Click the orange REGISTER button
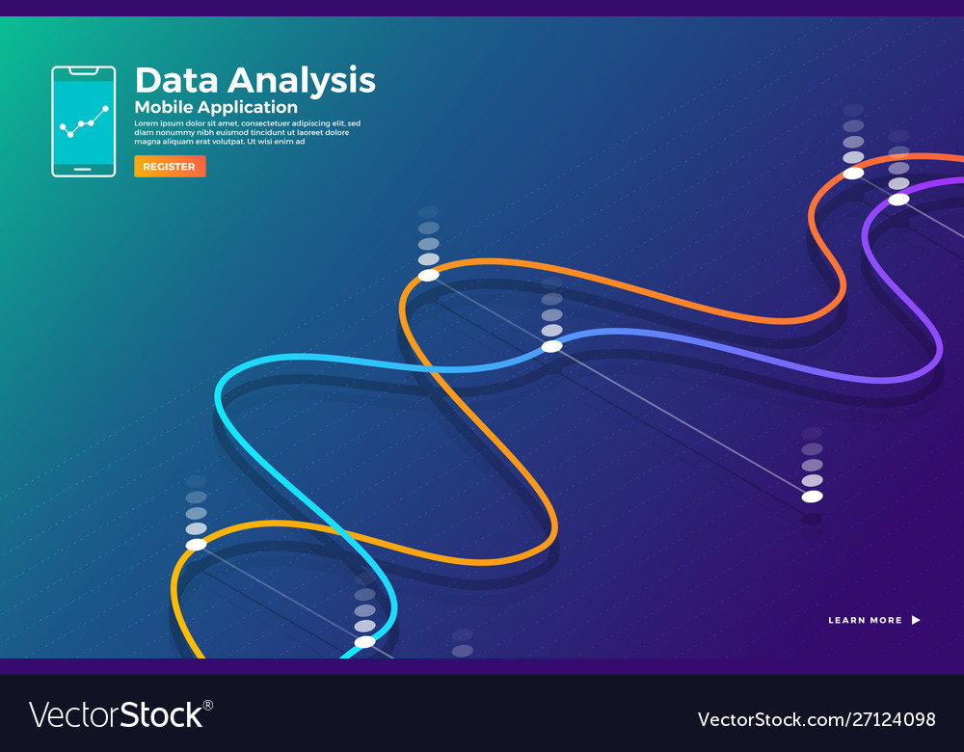170,167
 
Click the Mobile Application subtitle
216,107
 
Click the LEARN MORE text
865,620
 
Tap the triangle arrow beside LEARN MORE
916,620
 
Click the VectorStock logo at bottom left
116,714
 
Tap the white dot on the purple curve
898,200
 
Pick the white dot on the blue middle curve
551,346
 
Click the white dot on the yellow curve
196,545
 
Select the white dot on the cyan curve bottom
364,642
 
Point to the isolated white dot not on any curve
813,497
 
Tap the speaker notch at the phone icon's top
83,70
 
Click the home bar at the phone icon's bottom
83,170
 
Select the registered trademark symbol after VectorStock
208,705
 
